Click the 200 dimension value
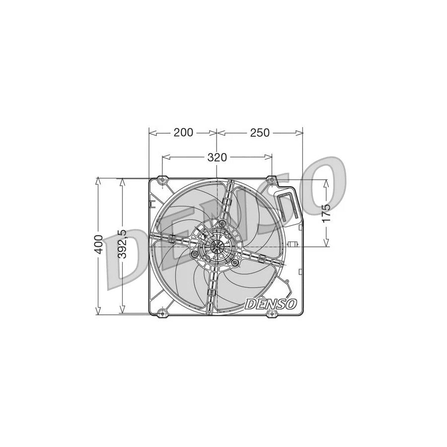click(x=183, y=133)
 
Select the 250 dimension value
click(x=259, y=133)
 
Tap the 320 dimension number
click(x=217, y=157)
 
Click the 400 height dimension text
click(x=100, y=245)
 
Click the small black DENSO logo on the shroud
click(x=271, y=303)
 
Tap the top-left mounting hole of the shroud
click(x=162, y=179)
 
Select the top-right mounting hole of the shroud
click(x=272, y=179)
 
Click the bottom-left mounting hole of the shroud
click(x=160, y=312)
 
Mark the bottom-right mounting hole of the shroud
click(x=272, y=312)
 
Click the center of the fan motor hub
click(x=217, y=246)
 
